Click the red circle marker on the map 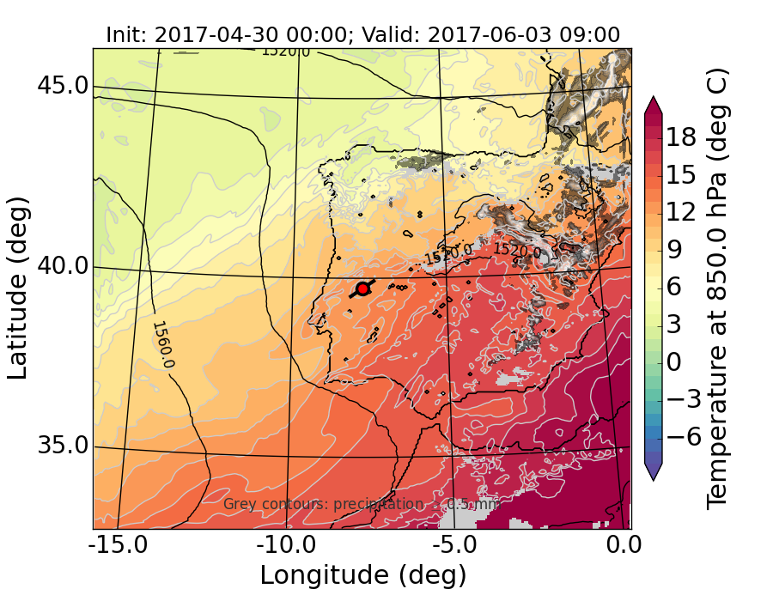click(x=362, y=288)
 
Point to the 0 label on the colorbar click(x=681, y=362)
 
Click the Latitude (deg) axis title click(x=19, y=288)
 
